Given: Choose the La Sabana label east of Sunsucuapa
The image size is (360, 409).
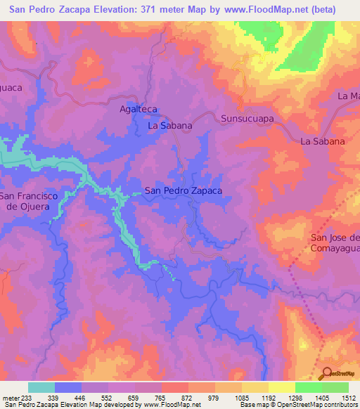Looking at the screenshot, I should coord(323,141).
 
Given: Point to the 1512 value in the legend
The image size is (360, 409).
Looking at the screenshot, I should coord(347,397).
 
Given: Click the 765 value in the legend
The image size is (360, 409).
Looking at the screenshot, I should coord(160,397).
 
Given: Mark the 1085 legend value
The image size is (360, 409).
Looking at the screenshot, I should coord(240,397).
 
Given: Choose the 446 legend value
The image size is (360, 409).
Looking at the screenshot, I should coord(81,397).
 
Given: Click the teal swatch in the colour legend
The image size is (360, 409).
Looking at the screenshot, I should coord(41,387).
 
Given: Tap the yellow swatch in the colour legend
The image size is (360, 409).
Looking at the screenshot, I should coord(281,387).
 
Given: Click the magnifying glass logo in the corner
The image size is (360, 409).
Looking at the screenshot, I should coord(328,372).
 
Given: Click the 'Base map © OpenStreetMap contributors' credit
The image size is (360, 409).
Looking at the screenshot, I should coord(299,405).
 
